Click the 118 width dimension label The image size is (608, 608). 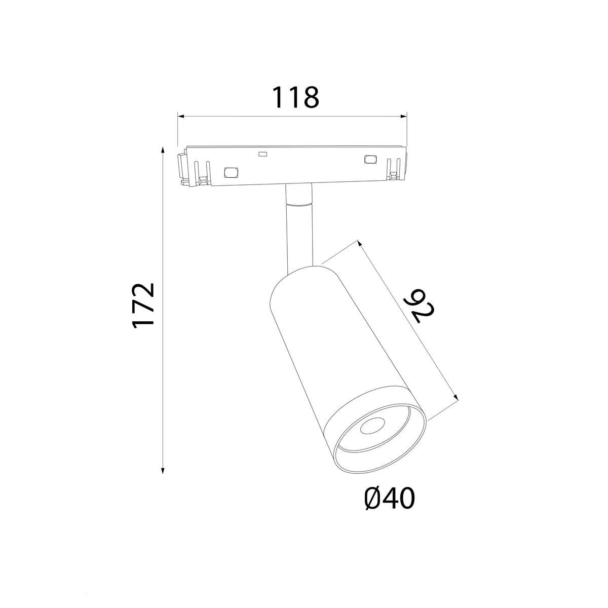tap(295, 97)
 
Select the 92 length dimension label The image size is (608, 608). tap(420, 306)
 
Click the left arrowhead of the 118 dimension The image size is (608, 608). tap(181, 117)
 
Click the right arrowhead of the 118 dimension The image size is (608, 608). tap(403, 117)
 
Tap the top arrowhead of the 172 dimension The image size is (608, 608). tap(163, 150)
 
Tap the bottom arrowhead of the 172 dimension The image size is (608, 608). tap(163, 479)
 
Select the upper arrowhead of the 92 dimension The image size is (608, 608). tap(359, 244)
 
